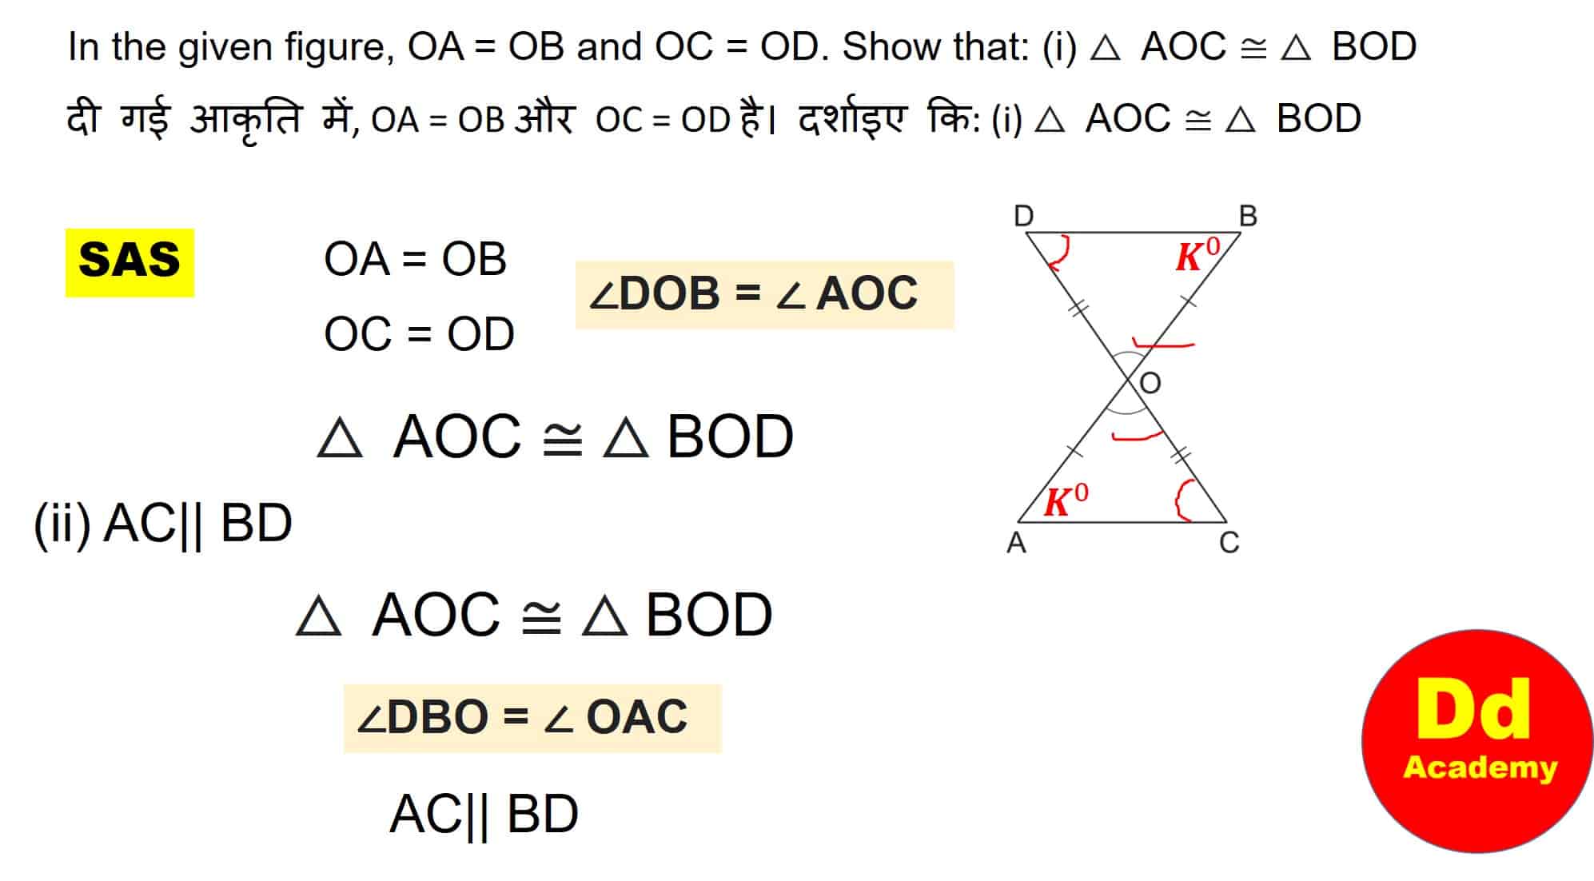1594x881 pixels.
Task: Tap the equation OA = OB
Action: coord(415,260)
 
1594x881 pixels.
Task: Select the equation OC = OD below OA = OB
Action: coord(419,334)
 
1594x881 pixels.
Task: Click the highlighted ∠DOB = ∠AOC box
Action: coord(764,294)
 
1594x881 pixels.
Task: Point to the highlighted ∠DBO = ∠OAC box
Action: coord(532,718)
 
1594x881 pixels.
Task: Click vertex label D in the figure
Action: coord(1023,216)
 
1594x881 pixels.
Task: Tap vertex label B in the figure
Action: coord(1248,216)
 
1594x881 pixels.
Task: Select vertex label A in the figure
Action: coord(1016,543)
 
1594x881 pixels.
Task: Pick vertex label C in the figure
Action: coord(1229,543)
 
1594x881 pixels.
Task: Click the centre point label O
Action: coord(1150,384)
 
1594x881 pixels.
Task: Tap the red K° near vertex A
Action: coord(1066,501)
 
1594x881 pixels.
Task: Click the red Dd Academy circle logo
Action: coord(1477,740)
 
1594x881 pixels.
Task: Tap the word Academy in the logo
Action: coord(1480,767)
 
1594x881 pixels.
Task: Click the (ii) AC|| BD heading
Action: coord(163,524)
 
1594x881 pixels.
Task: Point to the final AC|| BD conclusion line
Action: coord(484,815)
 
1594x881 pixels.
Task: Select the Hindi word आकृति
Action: coord(245,120)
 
